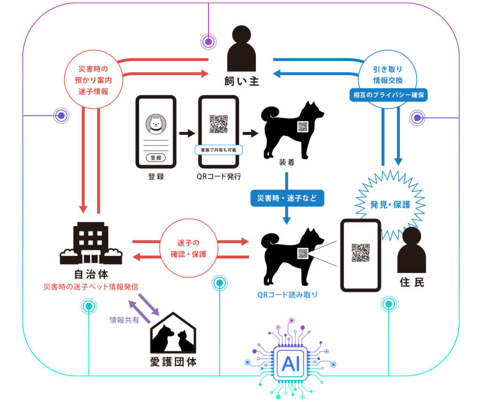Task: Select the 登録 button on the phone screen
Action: (x=155, y=158)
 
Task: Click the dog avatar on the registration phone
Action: (x=155, y=124)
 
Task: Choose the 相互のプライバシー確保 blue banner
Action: (x=390, y=95)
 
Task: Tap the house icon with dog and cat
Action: (x=173, y=335)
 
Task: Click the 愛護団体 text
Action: (x=173, y=362)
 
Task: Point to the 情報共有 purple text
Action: (x=124, y=320)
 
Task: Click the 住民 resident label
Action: (x=411, y=282)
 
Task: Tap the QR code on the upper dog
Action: (x=303, y=127)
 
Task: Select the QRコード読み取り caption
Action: (x=287, y=295)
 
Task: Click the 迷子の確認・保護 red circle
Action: (x=190, y=249)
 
